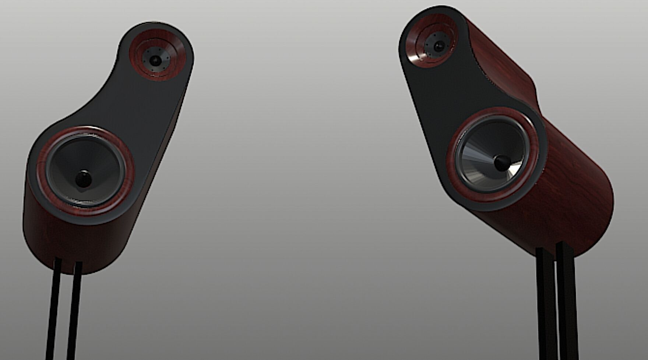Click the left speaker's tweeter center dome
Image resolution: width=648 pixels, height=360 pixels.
pyautogui.click(x=155, y=60)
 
